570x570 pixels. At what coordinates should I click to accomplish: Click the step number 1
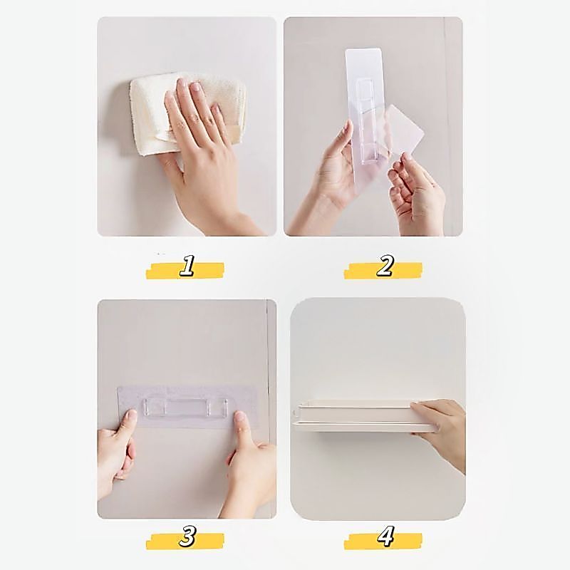tap(187, 265)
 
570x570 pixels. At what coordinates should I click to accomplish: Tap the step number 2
tap(385, 265)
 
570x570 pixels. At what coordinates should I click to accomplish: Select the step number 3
tap(187, 536)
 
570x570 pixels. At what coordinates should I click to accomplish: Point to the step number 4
tap(385, 537)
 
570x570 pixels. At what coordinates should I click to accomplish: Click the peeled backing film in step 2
tap(403, 131)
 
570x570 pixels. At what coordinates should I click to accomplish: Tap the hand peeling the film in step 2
tap(418, 192)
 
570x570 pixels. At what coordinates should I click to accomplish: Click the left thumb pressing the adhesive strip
tap(128, 421)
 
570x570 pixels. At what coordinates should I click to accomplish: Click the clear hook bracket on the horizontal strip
tap(186, 408)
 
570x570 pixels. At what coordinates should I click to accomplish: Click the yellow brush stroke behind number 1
tap(185, 271)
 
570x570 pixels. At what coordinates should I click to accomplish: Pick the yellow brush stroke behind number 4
tap(383, 541)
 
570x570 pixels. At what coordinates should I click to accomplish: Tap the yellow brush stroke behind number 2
tap(383, 271)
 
